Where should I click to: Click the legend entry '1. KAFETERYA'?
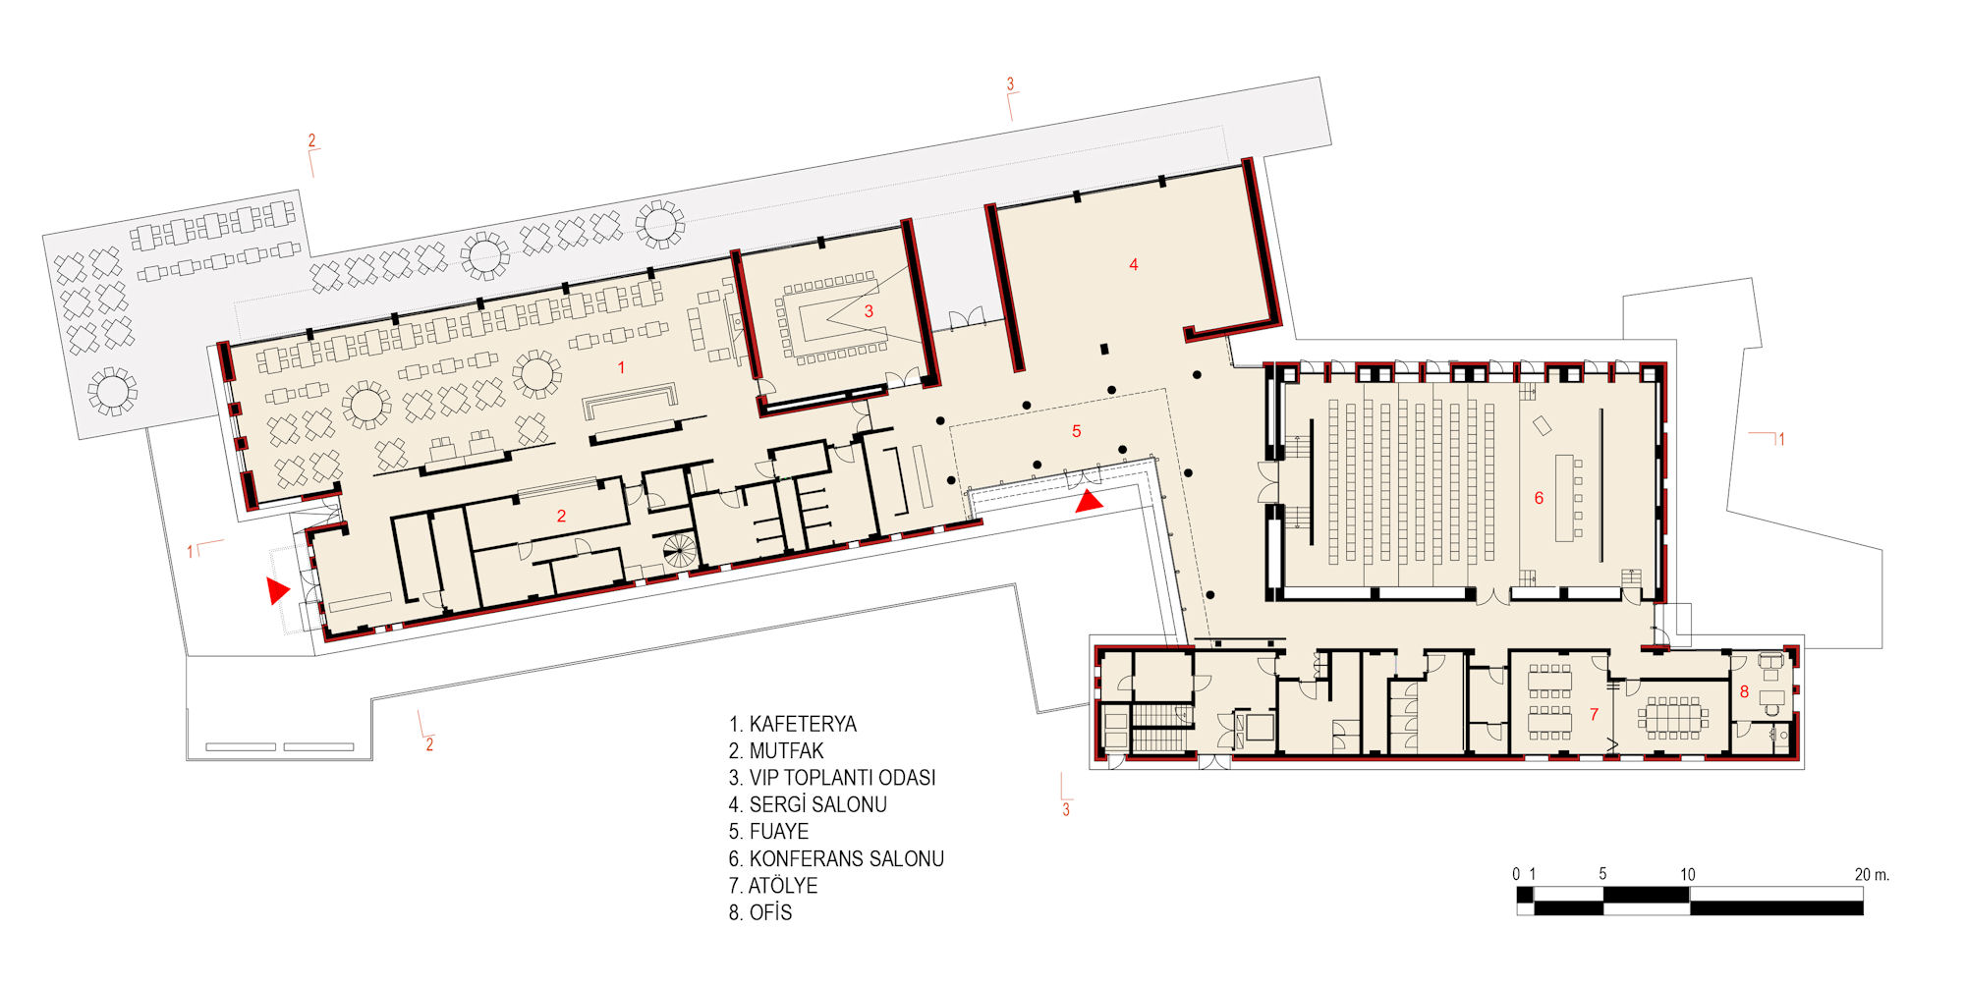coord(792,725)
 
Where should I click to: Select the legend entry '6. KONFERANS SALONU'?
coord(836,859)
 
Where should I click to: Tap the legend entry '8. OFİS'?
coord(760,913)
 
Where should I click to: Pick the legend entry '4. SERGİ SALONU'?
coord(808,805)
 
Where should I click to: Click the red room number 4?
coord(1133,264)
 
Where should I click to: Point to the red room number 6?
coord(1539,499)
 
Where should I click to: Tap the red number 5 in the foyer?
coord(1077,431)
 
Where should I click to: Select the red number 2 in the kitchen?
coord(561,517)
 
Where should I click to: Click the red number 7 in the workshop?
coord(1594,715)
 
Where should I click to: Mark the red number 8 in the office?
coord(1744,691)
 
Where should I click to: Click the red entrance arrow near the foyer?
coord(1088,503)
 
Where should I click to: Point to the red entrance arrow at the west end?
coord(277,590)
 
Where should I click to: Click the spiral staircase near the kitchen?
coord(678,550)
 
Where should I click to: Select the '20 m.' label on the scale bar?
coord(1872,875)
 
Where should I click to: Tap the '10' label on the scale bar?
coord(1687,875)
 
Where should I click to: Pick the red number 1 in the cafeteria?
coord(621,367)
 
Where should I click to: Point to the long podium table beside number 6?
coord(1564,498)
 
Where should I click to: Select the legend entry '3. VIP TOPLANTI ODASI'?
coord(832,778)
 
